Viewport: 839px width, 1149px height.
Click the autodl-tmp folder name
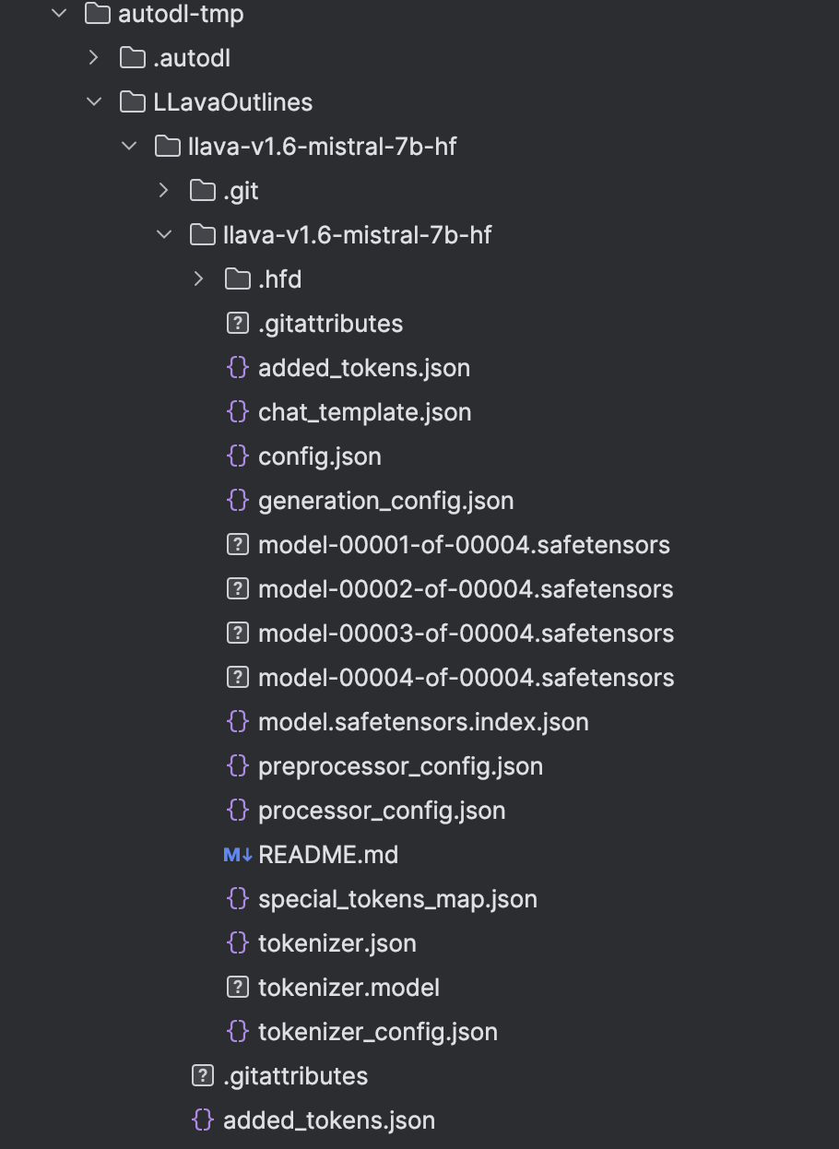point(181,14)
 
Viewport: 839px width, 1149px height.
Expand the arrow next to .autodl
point(93,58)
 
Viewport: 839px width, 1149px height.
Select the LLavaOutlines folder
point(232,102)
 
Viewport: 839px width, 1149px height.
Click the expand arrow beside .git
point(163,191)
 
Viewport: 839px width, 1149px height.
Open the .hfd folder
point(279,279)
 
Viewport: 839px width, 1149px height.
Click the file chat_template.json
point(364,412)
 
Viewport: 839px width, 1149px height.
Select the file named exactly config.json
point(319,456)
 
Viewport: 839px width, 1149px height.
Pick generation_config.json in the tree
point(385,501)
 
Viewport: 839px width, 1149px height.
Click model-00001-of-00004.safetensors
point(464,545)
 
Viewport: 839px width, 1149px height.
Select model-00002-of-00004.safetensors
point(466,589)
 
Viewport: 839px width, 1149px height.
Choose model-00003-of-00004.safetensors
point(466,634)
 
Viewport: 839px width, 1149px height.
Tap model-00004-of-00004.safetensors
point(466,678)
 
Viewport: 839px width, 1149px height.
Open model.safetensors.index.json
point(423,722)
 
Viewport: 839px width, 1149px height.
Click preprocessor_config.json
point(400,766)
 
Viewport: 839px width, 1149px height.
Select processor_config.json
point(382,811)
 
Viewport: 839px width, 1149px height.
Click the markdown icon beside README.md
point(237,855)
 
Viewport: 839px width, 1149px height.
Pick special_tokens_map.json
point(397,899)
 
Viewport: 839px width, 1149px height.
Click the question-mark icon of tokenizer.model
point(237,988)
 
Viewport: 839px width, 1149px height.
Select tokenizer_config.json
point(378,1032)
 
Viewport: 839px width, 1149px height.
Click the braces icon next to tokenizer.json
point(237,943)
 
